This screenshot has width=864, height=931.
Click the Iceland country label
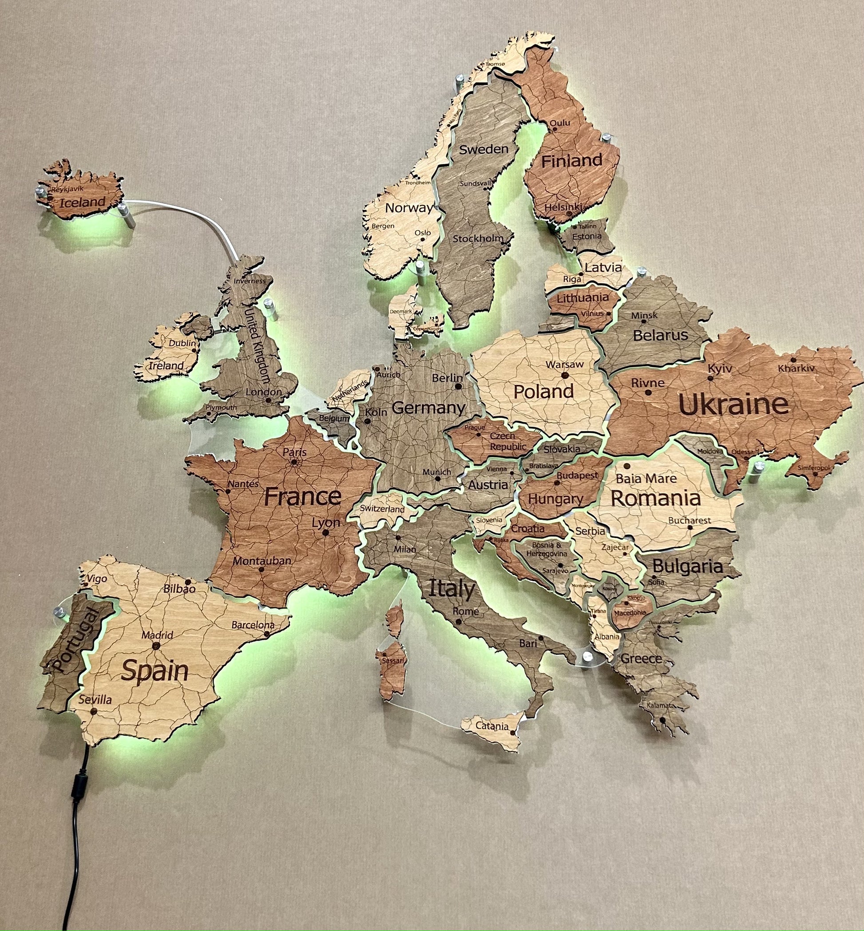pos(82,202)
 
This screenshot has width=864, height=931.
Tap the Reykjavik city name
pos(67,189)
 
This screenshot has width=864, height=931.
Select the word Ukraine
pos(733,405)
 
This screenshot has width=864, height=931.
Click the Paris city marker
pos(294,462)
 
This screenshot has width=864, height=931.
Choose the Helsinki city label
pos(563,207)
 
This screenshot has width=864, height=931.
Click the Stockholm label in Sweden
pos(477,238)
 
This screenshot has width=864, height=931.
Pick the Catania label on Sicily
pos(492,726)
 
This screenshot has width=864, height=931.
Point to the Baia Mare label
pos(646,478)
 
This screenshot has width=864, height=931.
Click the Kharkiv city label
pos(796,368)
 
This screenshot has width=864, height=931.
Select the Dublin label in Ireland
pos(182,343)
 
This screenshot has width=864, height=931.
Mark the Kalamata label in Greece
pos(661,705)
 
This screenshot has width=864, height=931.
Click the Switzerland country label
pos(382,509)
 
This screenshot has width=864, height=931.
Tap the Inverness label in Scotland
pos(250,281)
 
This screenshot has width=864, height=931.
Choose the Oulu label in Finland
pos(559,123)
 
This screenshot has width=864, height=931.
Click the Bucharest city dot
pos(690,527)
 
